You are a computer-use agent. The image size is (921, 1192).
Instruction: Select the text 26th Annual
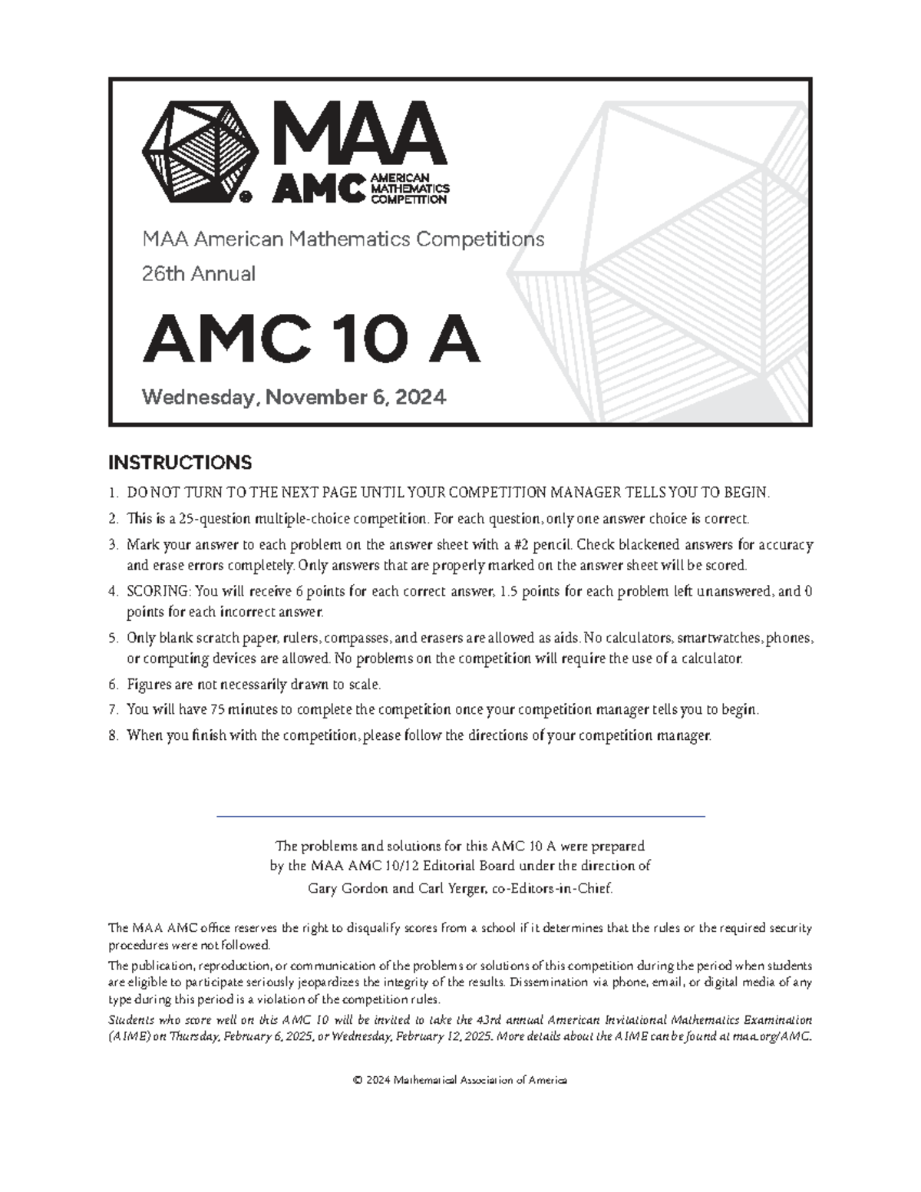point(199,274)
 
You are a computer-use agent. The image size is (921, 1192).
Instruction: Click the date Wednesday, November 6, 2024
point(293,398)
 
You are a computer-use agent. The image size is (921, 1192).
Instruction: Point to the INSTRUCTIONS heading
point(180,463)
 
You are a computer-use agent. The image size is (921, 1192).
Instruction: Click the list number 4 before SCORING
point(112,592)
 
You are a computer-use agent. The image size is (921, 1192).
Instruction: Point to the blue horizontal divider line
point(460,815)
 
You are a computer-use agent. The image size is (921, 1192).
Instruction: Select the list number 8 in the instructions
point(112,735)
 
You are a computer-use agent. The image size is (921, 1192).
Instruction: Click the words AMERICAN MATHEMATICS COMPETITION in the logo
point(410,189)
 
